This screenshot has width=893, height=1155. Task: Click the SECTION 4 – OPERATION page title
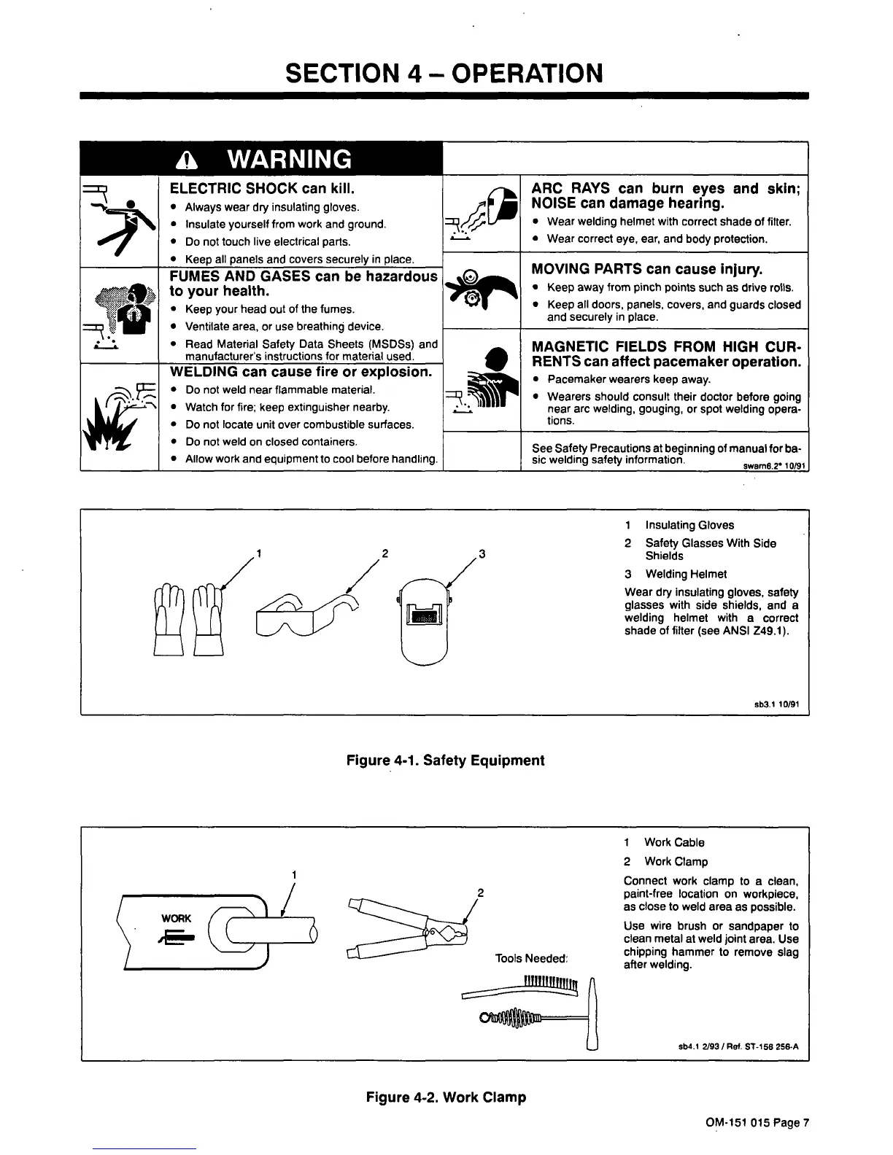click(444, 73)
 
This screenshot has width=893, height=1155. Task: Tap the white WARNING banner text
click(289, 159)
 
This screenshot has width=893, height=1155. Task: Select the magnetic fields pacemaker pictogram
click(482, 383)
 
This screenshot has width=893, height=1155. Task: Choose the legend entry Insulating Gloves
click(689, 525)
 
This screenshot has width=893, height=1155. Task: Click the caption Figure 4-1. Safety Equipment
click(445, 761)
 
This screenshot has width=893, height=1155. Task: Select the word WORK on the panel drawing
click(177, 919)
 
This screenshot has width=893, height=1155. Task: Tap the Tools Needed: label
click(530, 958)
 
